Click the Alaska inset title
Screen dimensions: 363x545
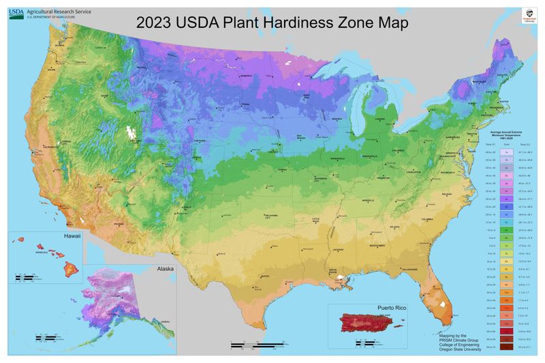(165, 269)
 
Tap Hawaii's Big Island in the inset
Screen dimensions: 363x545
(67, 265)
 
